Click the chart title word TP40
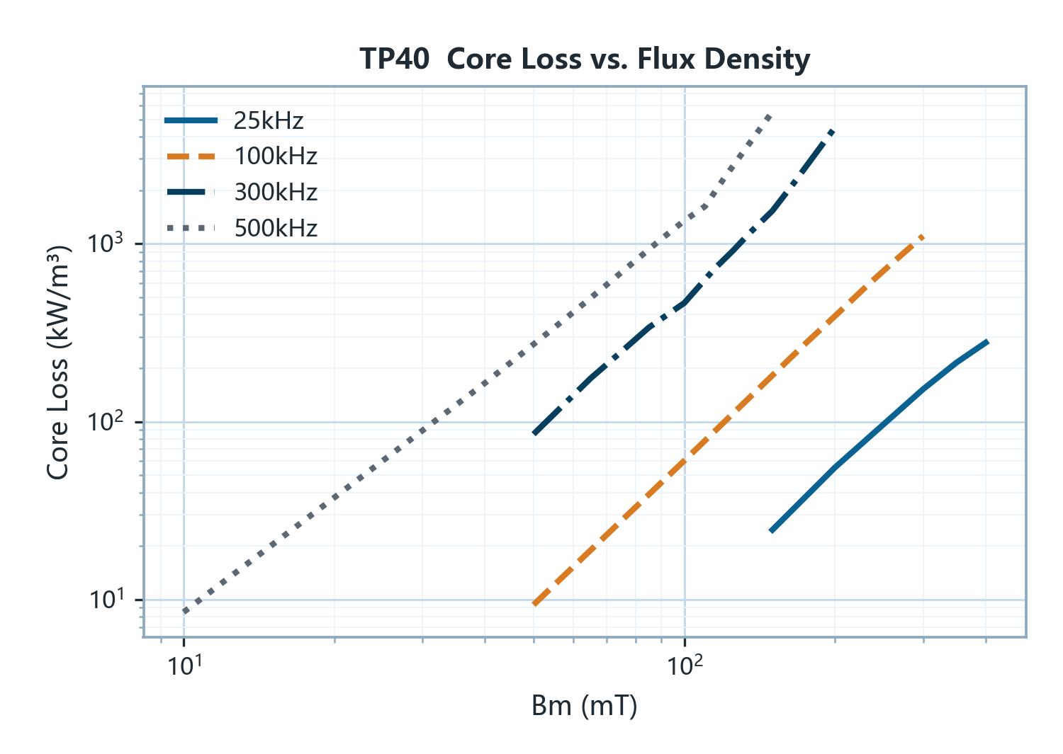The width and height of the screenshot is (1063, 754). pos(395,59)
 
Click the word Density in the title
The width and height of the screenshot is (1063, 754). pos(758,60)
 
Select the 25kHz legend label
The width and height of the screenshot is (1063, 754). pos(269,120)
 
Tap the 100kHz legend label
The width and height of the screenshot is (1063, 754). pos(276,156)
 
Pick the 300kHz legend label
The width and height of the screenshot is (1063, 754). pos(276,192)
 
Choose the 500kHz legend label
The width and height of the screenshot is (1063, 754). pos(276,228)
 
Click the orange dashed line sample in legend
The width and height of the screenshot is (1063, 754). pos(191,156)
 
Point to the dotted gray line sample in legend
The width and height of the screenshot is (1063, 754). pos(191,229)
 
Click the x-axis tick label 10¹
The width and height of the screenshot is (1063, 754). pos(185,665)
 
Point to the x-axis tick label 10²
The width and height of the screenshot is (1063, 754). pos(685,665)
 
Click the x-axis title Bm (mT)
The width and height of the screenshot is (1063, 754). pos(584,706)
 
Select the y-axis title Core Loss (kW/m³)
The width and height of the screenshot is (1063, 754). pos(58,362)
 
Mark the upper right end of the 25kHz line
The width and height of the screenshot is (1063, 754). pos(988,341)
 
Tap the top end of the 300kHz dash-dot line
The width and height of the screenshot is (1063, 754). pos(833,130)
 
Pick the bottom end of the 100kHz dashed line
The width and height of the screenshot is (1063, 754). pos(534,604)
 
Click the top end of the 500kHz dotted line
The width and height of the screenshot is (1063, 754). pos(770,116)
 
